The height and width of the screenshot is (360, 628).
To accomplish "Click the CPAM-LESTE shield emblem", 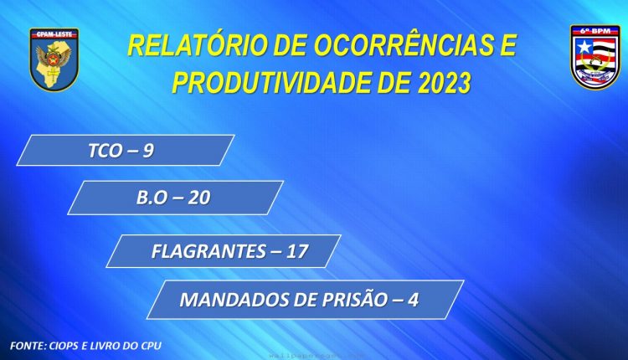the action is pos(54,59).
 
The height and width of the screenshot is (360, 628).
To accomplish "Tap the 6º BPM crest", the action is pos(595,57).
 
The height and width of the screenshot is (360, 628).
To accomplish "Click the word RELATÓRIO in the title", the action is pos(197,45).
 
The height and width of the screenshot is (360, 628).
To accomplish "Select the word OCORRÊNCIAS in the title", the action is pos(403,45).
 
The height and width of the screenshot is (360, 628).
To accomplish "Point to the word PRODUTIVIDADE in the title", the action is pos(271,83).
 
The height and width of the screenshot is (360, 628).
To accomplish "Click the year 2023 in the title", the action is pos(444,83).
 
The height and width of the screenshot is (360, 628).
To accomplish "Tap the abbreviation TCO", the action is pos(105,151).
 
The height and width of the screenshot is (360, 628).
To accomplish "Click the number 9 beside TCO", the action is pos(147,151).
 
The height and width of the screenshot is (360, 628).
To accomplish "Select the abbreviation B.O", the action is pos(152,198).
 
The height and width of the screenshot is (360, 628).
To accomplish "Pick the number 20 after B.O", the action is pos(199,198).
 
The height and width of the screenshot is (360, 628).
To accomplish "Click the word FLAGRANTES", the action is pos(208,251).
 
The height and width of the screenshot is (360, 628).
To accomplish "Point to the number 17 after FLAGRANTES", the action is pos(297,251).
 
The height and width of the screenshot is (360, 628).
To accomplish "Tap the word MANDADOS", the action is pos(234,300).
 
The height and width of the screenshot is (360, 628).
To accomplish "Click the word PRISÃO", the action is pos(355,299).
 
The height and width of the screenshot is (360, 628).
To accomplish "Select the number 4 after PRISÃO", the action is pos(414,300).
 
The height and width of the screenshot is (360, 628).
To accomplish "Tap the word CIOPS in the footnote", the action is pos(64,346).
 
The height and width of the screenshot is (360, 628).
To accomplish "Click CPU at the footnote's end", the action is pos(152,346).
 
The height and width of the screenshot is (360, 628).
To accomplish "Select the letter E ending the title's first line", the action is pos(508,45).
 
